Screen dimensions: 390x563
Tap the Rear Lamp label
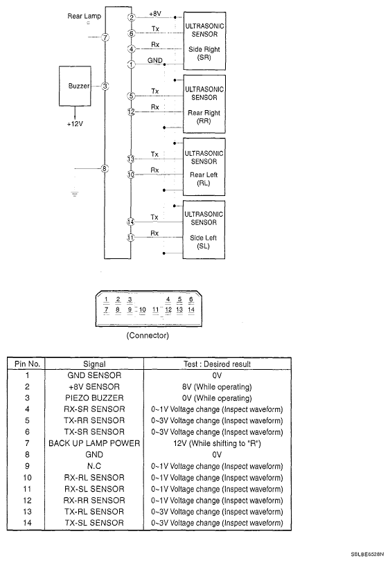click(85, 16)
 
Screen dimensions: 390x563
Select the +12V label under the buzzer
click(75, 124)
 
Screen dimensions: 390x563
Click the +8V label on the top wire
click(155, 14)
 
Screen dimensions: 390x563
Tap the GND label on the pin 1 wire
click(155, 60)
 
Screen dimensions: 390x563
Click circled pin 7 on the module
click(105, 37)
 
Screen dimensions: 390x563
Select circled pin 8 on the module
click(105, 168)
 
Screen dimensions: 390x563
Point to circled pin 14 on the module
click(131, 222)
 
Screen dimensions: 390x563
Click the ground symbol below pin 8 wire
click(75, 195)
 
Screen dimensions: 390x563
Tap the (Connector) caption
click(148, 335)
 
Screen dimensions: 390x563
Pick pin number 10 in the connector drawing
click(143, 310)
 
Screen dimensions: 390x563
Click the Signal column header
click(94, 364)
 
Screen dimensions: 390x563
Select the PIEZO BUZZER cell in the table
click(94, 397)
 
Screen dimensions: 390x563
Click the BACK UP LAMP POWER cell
click(94, 443)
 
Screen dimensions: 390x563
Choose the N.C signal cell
click(94, 466)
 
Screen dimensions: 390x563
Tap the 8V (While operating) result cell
click(217, 386)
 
